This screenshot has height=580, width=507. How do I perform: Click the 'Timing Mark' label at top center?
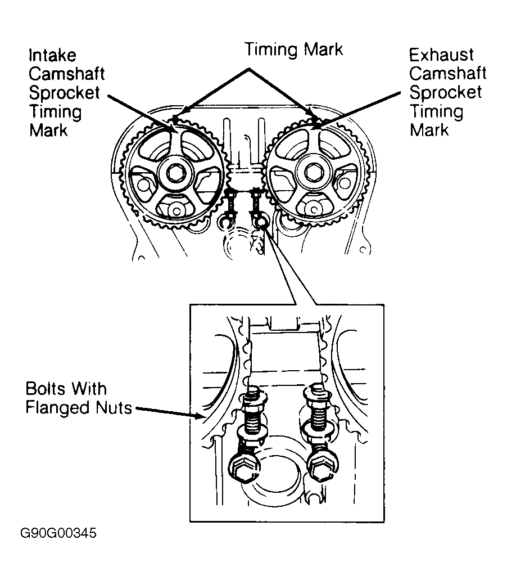point(293,50)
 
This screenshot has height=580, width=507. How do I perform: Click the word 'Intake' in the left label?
point(52,56)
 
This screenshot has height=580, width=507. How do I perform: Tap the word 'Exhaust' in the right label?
point(441,55)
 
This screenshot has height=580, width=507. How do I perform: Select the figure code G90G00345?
point(58,533)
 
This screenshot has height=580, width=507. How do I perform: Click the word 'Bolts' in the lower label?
point(46,389)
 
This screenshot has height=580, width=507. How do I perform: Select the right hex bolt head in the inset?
point(322,466)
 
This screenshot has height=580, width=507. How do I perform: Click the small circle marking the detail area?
point(261,224)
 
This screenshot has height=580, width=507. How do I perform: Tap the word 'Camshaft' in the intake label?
point(67,74)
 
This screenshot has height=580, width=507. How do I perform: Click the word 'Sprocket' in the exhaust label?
point(445,92)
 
